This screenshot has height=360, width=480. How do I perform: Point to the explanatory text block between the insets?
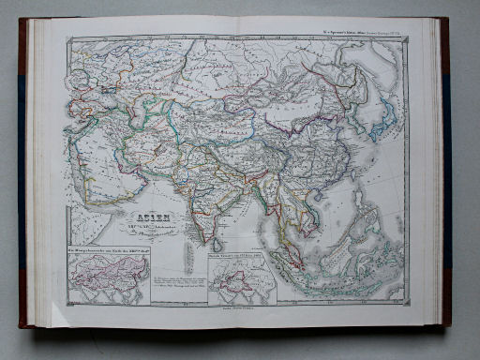click(178, 281)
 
